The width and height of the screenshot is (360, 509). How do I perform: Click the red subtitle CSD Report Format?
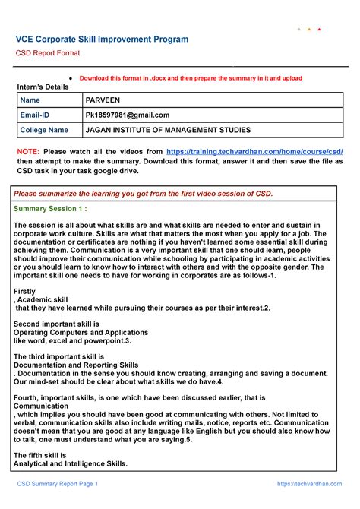pos(49,53)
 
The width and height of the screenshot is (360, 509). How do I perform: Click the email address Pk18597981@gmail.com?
pos(128,115)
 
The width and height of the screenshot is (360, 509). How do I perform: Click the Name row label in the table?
pos(30,100)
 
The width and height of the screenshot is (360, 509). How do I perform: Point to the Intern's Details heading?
pos(48,88)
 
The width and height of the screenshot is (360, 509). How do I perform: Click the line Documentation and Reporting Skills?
pos(76,365)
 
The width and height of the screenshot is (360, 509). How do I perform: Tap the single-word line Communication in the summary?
pos(46,406)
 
